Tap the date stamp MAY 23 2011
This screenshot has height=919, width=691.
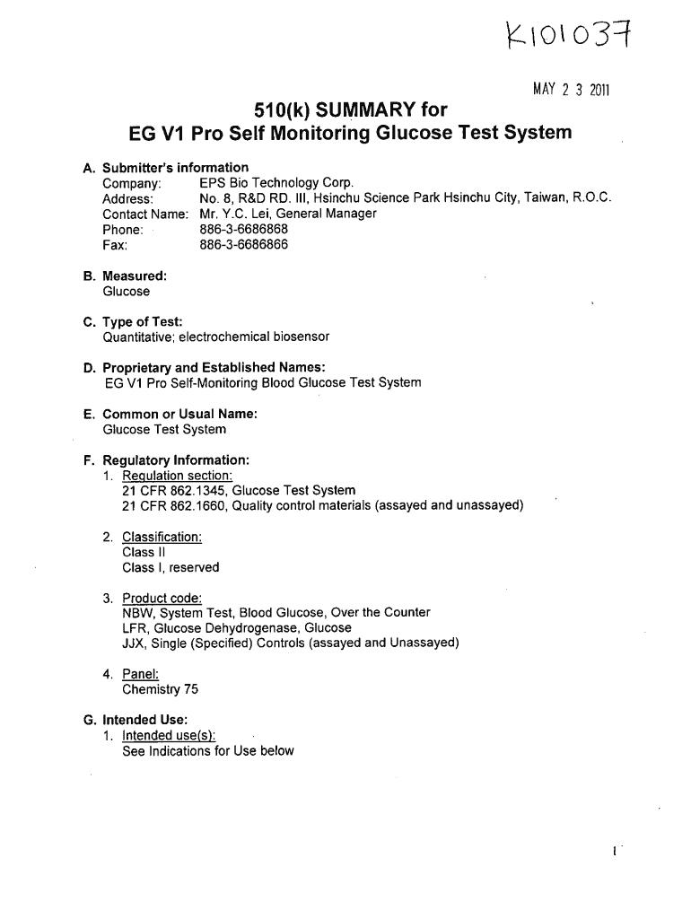coord(572,90)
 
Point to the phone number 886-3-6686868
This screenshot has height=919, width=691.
coord(243,229)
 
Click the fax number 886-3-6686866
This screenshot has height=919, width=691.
coord(243,244)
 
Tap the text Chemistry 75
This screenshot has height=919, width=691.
coord(161,689)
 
